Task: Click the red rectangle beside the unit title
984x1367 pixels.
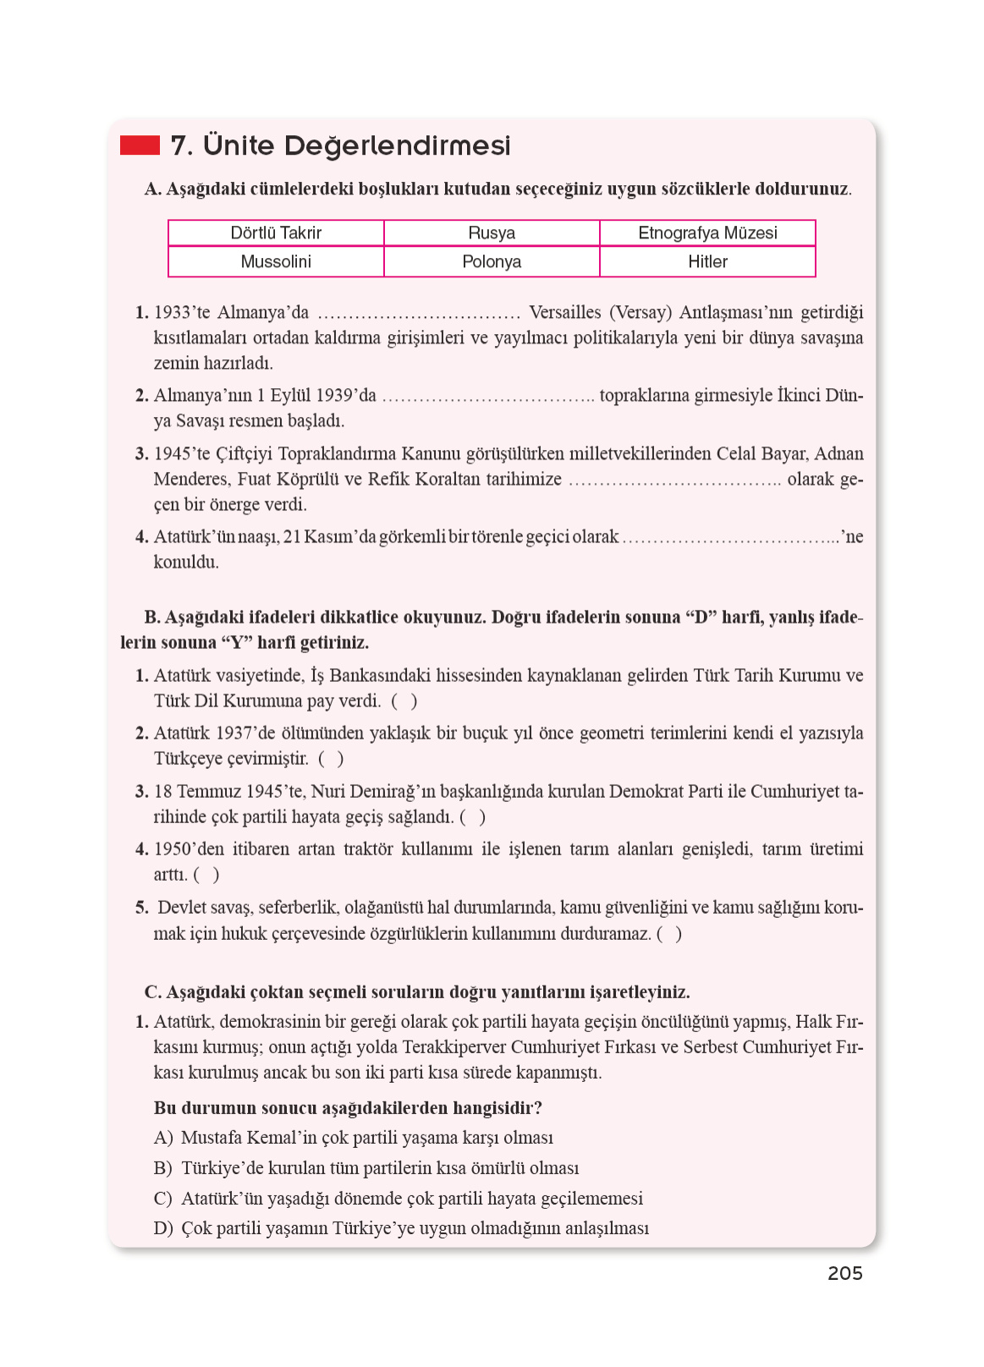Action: (140, 145)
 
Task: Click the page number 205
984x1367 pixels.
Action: (844, 1273)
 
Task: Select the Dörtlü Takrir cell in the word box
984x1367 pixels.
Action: (276, 233)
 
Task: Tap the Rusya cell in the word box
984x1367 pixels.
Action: (492, 233)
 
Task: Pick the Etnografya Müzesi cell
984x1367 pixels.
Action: (707, 233)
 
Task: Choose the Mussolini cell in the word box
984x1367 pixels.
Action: (276, 261)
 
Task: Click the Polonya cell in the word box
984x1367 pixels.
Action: (492, 261)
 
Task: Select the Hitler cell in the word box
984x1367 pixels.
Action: (707, 261)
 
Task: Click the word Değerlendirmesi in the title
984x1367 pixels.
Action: (397, 145)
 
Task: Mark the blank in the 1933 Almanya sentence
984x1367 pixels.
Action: (419, 315)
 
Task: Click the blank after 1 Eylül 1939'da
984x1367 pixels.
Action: (488, 398)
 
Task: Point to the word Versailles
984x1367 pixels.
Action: (564, 312)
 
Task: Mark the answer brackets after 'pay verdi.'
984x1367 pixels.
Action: (404, 701)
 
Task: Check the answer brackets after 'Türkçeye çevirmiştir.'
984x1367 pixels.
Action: (331, 759)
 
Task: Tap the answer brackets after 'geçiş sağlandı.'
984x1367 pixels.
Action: (472, 817)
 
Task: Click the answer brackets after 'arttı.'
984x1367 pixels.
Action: (206, 875)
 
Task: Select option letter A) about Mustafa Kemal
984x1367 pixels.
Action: (162, 1138)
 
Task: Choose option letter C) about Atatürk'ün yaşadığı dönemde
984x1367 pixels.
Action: (162, 1199)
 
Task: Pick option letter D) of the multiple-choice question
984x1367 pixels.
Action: (162, 1228)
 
